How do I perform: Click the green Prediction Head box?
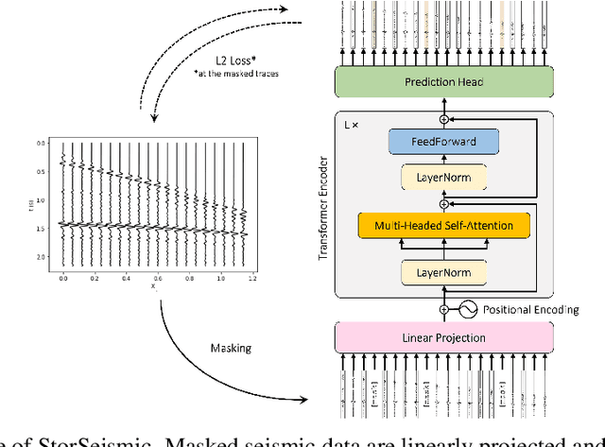tap(443, 82)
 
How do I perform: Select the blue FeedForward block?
tap(443, 142)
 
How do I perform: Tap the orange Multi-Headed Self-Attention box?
tap(443, 225)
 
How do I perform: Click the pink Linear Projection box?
tap(443, 338)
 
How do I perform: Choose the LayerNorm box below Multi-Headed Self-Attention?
tap(443, 273)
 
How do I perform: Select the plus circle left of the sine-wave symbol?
tap(443, 309)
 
